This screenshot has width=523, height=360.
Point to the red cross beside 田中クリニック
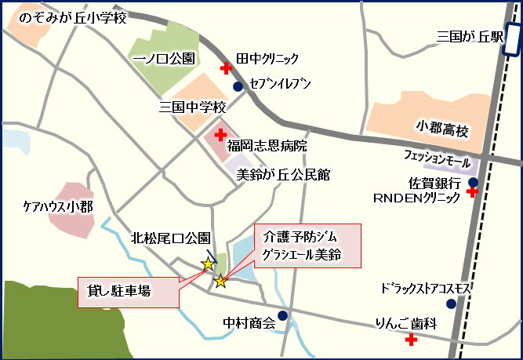(226, 68)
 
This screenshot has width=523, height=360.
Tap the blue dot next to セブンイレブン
(238, 86)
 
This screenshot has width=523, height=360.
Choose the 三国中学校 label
(192, 107)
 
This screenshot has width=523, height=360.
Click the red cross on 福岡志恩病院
(220, 135)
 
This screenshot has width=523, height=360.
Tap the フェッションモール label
(435, 158)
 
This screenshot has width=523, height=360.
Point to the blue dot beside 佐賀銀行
(473, 183)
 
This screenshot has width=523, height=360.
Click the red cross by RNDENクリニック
(473, 193)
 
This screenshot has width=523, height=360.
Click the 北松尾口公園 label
(170, 238)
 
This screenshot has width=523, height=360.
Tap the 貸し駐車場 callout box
(128, 291)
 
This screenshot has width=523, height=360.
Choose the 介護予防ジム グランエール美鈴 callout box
(307, 245)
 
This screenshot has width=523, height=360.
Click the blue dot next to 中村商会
(282, 315)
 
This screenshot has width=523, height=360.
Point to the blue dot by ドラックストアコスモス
(451, 304)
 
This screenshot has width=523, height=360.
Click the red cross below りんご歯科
(410, 340)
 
